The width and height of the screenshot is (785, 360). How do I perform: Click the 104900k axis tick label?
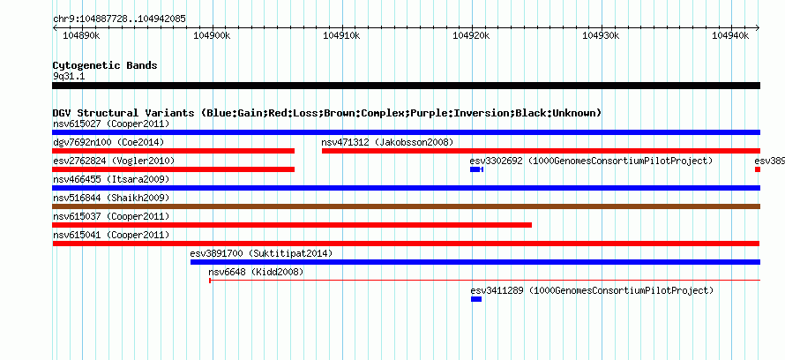(x=212, y=35)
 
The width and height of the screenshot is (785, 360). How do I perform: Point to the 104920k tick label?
(x=471, y=35)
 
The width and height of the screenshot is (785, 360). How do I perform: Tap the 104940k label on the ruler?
(x=730, y=35)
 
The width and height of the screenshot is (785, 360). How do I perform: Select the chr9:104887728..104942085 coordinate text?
(x=119, y=19)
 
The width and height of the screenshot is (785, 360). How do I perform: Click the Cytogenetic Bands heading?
(x=105, y=65)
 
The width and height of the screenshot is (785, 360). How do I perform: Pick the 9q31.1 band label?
(x=68, y=76)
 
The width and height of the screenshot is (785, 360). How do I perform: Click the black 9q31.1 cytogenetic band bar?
(x=406, y=86)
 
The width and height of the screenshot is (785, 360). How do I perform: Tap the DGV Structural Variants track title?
(x=327, y=113)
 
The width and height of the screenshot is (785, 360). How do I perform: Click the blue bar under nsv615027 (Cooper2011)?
(x=406, y=132)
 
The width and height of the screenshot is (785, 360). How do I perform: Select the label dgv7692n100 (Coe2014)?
(x=108, y=142)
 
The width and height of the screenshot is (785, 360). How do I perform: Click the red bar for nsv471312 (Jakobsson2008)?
(x=542, y=151)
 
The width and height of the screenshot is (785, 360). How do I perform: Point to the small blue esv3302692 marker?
(x=476, y=169)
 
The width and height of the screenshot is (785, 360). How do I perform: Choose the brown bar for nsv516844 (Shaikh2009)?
(x=406, y=206)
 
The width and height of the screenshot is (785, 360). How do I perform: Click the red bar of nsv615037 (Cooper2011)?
(x=292, y=225)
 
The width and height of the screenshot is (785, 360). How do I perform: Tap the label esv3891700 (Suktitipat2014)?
(x=261, y=253)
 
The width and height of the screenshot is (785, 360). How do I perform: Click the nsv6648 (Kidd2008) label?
(x=256, y=272)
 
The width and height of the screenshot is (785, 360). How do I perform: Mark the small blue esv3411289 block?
(x=476, y=299)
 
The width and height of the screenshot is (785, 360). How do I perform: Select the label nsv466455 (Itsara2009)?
(x=111, y=179)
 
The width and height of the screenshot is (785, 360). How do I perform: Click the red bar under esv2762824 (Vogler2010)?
(x=173, y=169)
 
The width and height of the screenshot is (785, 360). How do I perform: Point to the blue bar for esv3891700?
(x=475, y=262)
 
